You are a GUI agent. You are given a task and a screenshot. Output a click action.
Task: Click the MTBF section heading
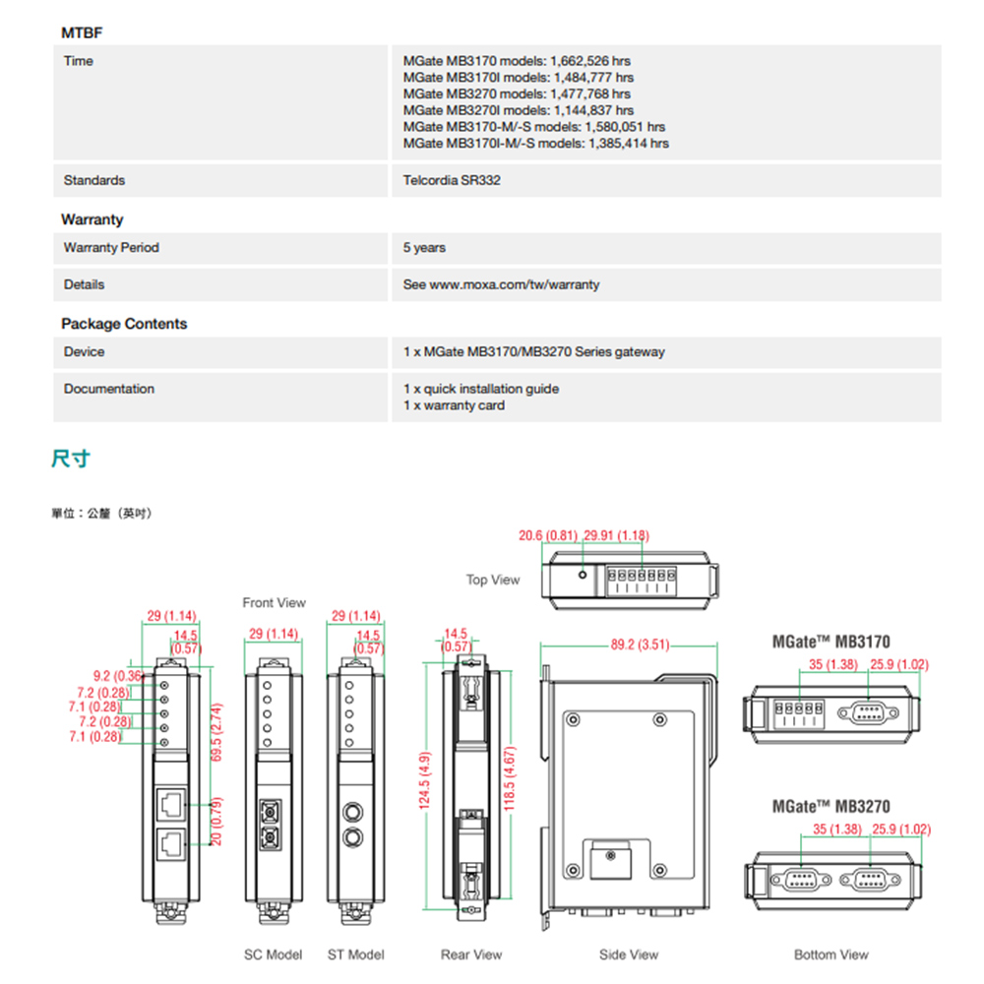point(82,32)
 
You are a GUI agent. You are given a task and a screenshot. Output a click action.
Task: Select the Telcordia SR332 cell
point(452,180)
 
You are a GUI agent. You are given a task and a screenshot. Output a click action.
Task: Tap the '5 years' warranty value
point(424,248)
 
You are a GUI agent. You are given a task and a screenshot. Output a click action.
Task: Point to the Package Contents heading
point(124,324)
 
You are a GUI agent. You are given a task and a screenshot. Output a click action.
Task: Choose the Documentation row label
point(109,389)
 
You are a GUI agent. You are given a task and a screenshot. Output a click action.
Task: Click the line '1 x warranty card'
point(454,405)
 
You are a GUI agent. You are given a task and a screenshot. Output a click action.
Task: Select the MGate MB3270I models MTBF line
point(518,110)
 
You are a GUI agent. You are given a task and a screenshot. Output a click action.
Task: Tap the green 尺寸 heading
point(71,459)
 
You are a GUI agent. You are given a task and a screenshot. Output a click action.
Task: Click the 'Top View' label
point(493,580)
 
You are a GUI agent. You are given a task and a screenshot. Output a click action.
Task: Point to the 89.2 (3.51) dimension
point(640,646)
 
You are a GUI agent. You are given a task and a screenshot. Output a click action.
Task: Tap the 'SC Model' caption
point(274,954)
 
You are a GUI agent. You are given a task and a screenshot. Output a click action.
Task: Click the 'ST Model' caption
point(356,954)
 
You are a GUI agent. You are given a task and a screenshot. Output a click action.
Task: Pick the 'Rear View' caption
point(471,954)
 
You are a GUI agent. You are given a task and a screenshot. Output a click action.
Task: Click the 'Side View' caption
point(629,954)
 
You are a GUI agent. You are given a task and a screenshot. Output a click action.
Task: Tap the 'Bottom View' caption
point(831,954)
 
